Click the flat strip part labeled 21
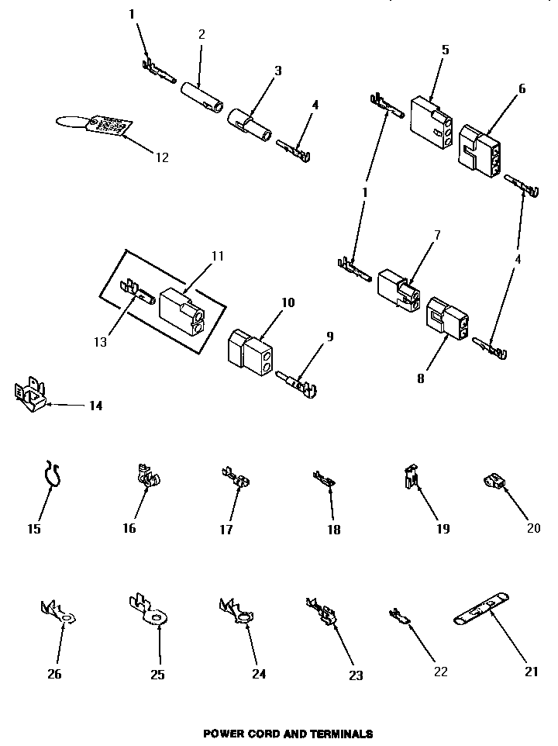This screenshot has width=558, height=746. point(481,617)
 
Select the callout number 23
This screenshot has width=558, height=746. point(355,675)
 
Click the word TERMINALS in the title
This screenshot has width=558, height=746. point(340,733)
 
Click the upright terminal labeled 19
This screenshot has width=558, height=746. point(412,478)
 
